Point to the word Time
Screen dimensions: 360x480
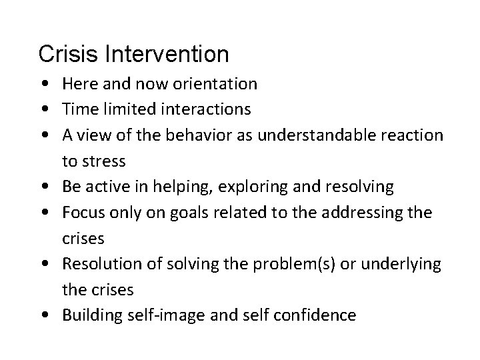click(80, 109)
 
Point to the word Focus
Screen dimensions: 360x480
click(82, 213)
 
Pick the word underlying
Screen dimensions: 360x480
click(401, 264)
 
